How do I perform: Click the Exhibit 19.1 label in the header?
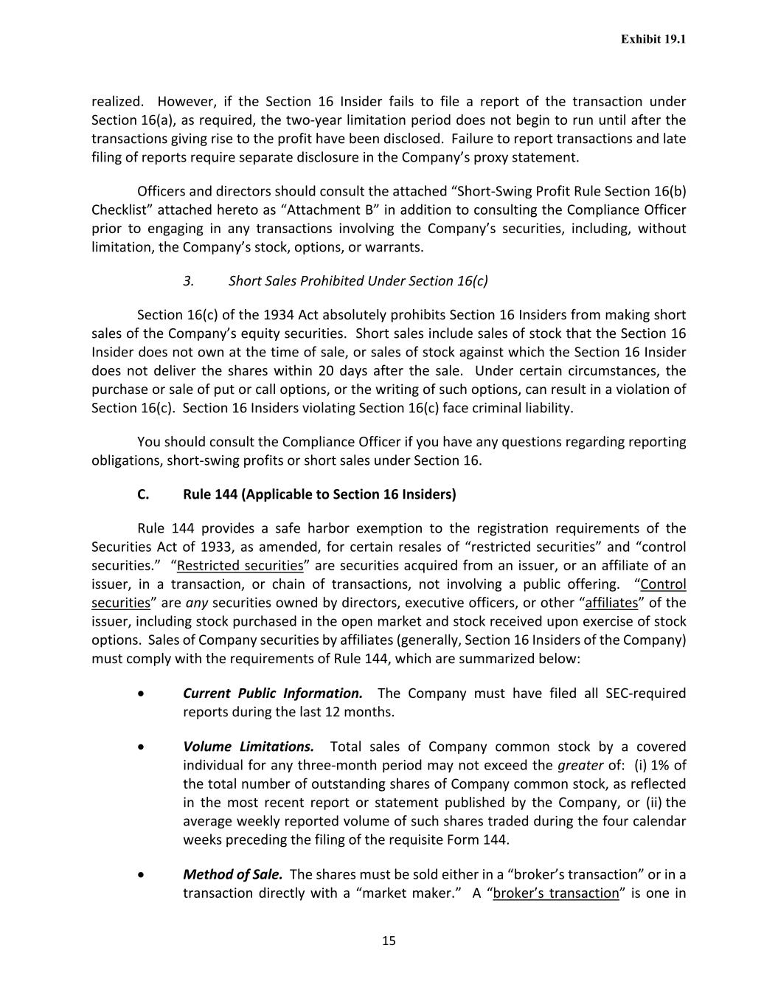click(x=653, y=39)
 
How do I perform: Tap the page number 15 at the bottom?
click(x=389, y=940)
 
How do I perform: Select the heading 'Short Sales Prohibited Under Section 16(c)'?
click(x=358, y=280)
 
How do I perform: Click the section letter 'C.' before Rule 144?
click(x=143, y=494)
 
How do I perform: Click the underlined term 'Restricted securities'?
click(x=240, y=565)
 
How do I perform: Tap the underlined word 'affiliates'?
click(x=611, y=602)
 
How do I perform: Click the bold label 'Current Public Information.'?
click(x=272, y=693)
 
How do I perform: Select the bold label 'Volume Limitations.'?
click(x=248, y=746)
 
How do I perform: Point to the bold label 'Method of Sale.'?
click(x=232, y=874)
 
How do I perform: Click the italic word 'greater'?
click(x=580, y=764)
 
